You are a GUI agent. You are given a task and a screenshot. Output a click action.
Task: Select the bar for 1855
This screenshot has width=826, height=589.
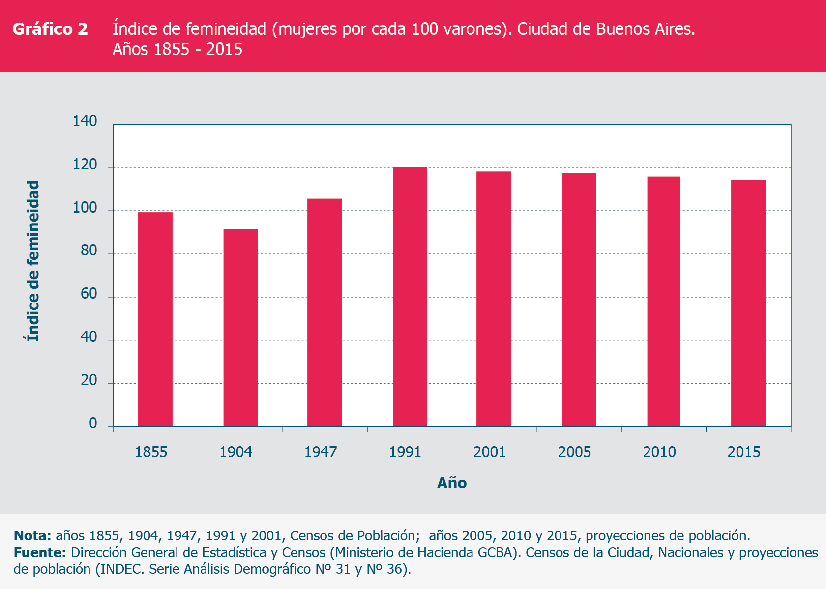coord(155,319)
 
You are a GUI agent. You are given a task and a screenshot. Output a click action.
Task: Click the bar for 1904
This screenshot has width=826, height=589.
coord(240,328)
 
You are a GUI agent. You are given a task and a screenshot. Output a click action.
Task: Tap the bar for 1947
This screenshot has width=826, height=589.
coord(324,312)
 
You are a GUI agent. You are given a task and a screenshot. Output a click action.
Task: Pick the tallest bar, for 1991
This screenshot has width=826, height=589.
coord(410,297)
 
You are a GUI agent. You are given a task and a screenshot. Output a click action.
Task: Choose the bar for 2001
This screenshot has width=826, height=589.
coord(494,299)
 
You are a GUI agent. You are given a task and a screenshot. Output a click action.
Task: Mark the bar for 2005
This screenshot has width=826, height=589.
coord(579,300)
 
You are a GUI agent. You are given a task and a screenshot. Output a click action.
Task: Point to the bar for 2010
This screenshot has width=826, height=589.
coord(664,301)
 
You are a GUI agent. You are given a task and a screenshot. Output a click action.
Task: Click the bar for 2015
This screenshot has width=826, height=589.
coord(748,303)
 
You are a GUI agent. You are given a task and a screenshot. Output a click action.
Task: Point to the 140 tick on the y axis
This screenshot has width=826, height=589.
coord(85,121)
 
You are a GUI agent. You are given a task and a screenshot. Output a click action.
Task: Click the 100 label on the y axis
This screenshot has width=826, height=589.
coord(85,208)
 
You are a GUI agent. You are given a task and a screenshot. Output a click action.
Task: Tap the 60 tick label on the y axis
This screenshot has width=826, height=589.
coord(89,294)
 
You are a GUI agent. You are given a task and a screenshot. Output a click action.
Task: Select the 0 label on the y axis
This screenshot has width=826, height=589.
coord(93,423)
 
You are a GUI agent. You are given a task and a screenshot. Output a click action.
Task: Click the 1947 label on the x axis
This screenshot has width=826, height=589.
coord(321,452)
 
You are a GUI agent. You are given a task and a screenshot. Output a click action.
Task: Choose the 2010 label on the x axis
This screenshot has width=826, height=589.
coord(659,452)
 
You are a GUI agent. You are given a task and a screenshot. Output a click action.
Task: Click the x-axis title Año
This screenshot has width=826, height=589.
coord(452,483)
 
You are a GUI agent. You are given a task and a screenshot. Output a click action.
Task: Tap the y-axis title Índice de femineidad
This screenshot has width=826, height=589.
coord(33,261)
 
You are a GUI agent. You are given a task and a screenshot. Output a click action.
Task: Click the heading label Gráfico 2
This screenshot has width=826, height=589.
coord(50,29)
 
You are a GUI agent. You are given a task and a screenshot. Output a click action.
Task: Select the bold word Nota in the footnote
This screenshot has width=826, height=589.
coord(32,535)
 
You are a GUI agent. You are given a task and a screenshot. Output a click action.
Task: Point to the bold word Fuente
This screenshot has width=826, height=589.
coord(40,553)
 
